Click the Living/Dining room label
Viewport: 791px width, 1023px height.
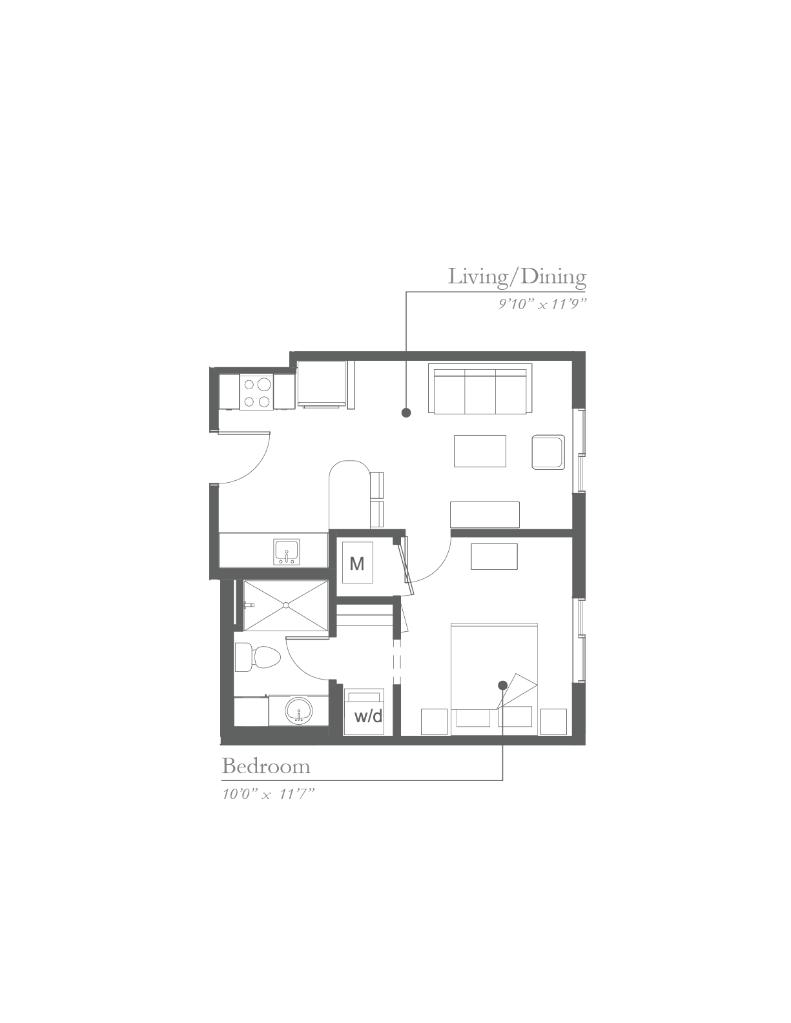(x=517, y=277)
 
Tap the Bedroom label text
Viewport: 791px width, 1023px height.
(x=266, y=766)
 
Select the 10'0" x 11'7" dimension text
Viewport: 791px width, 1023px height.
(x=268, y=795)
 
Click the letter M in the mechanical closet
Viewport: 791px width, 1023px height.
(x=357, y=563)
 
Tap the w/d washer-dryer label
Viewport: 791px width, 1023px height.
(x=368, y=716)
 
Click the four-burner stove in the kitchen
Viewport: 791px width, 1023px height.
(x=256, y=392)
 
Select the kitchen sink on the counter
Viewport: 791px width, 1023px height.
(x=286, y=552)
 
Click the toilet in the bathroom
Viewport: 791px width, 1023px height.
(x=257, y=657)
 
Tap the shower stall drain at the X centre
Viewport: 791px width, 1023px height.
(x=286, y=605)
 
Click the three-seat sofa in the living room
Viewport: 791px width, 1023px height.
(x=480, y=389)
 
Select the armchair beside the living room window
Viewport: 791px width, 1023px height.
(x=548, y=452)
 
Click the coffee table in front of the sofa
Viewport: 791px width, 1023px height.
(x=480, y=451)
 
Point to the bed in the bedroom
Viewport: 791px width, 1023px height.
(x=495, y=679)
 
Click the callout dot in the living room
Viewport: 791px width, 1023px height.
(x=406, y=413)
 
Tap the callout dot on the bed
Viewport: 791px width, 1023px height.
(x=502, y=685)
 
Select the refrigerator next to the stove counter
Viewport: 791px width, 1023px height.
(x=322, y=385)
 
